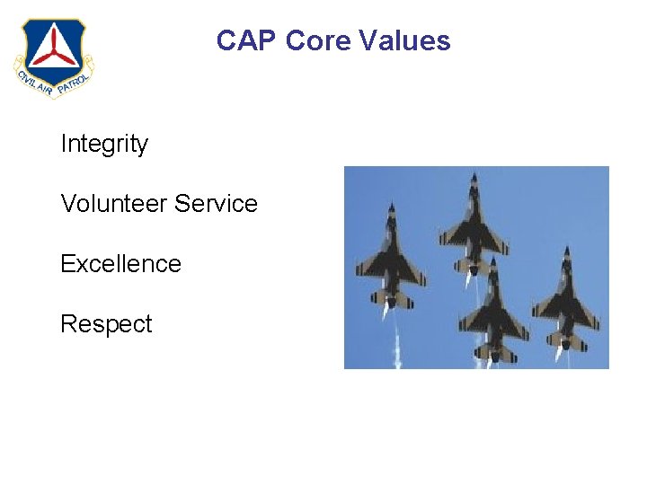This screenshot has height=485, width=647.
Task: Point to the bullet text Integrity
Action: tap(104, 144)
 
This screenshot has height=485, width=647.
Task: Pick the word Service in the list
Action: tap(217, 204)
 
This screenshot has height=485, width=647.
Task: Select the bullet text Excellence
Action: tap(120, 264)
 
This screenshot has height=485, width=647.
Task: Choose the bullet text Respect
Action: tap(106, 324)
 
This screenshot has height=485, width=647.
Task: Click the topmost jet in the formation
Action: tap(474, 225)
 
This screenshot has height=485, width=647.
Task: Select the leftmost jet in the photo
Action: tap(390, 260)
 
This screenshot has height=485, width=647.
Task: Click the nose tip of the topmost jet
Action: tap(474, 174)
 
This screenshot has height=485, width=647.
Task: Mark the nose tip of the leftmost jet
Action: tap(391, 205)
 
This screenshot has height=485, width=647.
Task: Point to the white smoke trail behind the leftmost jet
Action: tap(394, 346)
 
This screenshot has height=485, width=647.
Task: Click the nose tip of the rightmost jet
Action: tap(566, 246)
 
